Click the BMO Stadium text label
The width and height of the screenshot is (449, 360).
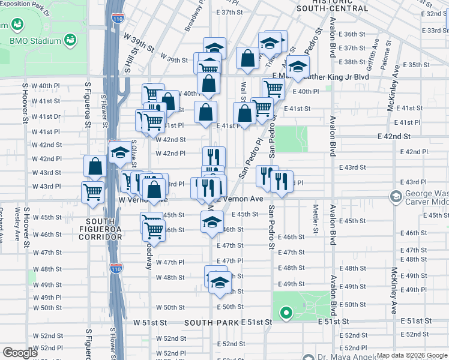tap(35, 41)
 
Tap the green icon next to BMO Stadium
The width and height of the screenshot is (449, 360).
tap(71, 40)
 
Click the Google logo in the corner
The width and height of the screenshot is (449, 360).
tap(20, 353)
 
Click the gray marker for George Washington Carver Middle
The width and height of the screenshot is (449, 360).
tap(396, 196)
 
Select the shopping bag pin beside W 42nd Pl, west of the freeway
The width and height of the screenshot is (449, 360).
tap(95, 166)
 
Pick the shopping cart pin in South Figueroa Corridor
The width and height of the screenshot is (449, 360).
tap(93, 193)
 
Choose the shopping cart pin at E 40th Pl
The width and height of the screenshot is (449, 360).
tap(274, 88)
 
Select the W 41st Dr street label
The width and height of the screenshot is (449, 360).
tap(46, 117)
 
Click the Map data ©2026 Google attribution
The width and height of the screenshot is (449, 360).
tap(412, 355)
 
